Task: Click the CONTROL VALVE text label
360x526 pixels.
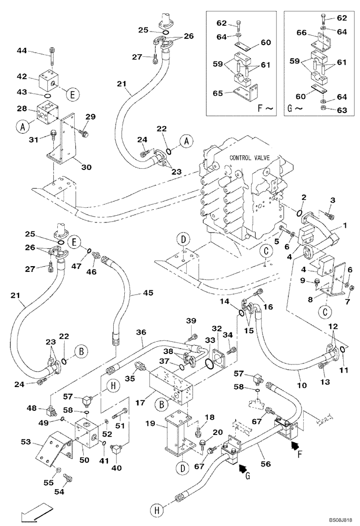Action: [x=250, y=157]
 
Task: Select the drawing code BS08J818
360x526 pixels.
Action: [x=342, y=520]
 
